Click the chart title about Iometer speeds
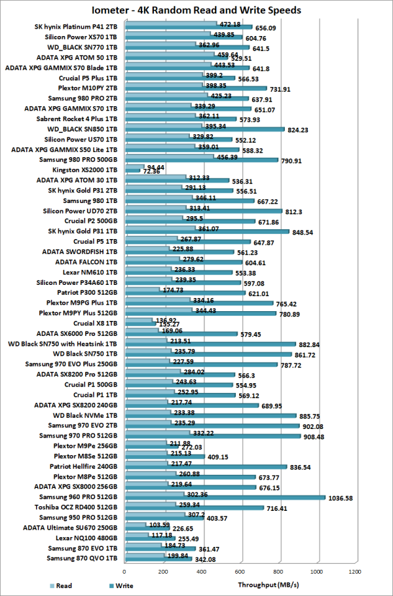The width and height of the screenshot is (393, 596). pos(196,10)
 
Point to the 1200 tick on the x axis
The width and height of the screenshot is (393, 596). pos(355,572)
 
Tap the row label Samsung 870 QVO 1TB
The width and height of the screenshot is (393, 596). pos(82,558)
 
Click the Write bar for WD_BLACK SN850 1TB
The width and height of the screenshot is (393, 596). pos(204,130)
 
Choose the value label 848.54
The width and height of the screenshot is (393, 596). pos(305,231)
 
